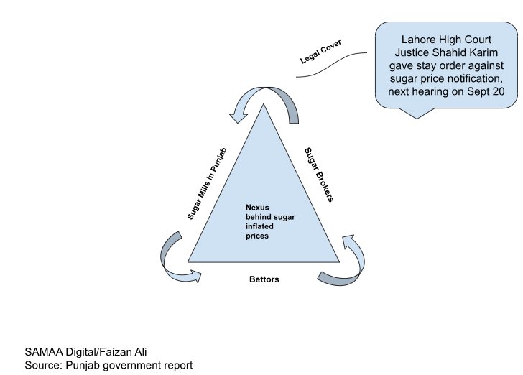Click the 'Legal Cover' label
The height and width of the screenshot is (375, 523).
click(x=320, y=55)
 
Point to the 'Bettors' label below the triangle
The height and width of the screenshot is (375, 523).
click(x=264, y=279)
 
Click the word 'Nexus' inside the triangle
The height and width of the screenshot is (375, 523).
click(x=256, y=208)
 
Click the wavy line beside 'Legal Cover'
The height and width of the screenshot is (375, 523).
click(x=334, y=65)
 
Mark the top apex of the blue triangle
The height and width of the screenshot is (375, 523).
click(x=264, y=105)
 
